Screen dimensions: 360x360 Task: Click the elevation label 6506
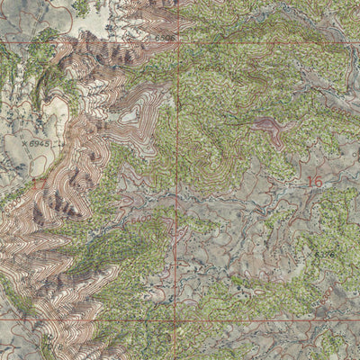[163, 39]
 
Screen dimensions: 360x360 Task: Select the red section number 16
[313, 181]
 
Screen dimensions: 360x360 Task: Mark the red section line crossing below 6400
[175, 270]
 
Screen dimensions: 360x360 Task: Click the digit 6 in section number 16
[318, 181]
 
